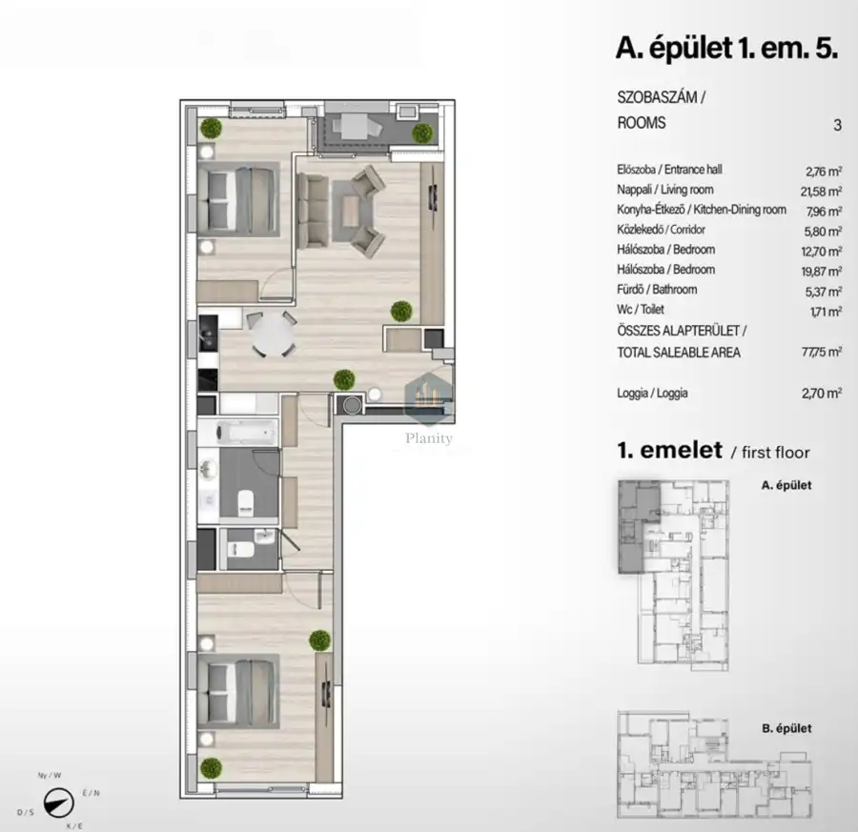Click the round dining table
273,335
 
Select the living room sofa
313,211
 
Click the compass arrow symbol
58,802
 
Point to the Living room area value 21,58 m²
821,191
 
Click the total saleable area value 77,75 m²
822,352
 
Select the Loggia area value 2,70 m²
822,393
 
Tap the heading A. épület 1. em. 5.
726,49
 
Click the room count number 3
837,125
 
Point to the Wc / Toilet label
641,310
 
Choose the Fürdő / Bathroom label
657,290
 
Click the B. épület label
786,728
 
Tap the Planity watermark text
428,438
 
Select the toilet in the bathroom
246,502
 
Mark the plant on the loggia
422,132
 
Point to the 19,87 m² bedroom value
821,272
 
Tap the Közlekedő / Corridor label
661,230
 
